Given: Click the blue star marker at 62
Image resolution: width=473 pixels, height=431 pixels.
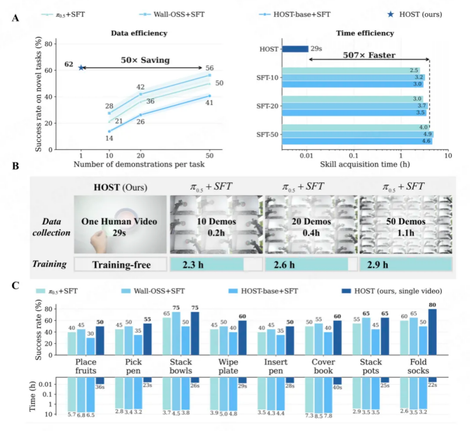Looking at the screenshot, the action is [x=81, y=68].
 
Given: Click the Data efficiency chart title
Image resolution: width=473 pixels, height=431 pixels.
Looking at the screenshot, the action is [x=139, y=33].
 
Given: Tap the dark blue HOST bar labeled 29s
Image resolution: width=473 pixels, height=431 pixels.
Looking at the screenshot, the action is [x=295, y=49].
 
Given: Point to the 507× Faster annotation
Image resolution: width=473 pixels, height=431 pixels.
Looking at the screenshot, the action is [x=369, y=55].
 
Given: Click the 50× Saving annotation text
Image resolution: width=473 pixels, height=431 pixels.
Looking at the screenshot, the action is [x=145, y=60].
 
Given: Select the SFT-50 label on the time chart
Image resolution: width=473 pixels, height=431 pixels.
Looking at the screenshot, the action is [x=267, y=135].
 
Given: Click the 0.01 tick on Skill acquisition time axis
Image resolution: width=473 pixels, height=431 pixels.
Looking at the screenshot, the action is [x=307, y=155].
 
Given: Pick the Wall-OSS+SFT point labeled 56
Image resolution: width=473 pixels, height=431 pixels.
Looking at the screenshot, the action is [x=210, y=75].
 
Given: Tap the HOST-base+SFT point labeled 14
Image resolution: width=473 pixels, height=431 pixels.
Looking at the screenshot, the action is [x=109, y=131].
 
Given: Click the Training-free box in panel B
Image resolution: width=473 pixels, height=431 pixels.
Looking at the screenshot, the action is [x=120, y=264].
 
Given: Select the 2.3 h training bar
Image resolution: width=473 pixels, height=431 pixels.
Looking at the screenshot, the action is [x=206, y=264].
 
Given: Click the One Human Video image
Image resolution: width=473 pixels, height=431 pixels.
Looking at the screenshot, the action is [x=120, y=225].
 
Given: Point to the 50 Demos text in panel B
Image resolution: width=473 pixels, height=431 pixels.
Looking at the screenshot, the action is [x=406, y=222].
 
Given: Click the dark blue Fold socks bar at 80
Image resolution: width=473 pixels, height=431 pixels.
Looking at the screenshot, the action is [x=432, y=332].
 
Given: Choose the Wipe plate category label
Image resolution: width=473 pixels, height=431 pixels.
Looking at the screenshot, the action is [x=228, y=366].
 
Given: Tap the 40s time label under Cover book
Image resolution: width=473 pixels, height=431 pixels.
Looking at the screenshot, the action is [x=337, y=387].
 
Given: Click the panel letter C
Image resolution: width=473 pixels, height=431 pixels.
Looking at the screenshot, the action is [x=16, y=285].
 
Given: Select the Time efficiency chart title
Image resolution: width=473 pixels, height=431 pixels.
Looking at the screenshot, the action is [x=365, y=33].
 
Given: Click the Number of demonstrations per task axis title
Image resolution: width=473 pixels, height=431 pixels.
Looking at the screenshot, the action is [x=139, y=165].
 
